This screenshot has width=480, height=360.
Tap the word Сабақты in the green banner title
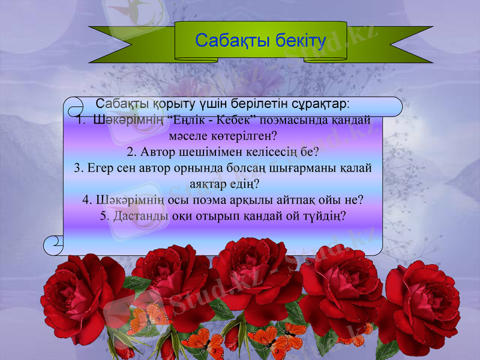(x=226, y=41)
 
